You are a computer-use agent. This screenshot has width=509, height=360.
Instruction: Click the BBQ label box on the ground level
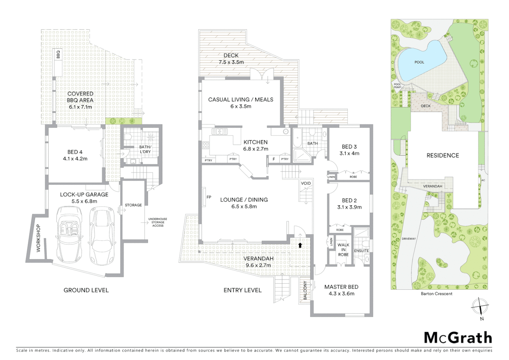58,55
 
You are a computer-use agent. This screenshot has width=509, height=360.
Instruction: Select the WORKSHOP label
38,238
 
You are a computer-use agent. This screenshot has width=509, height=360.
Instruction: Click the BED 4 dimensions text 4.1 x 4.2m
75,159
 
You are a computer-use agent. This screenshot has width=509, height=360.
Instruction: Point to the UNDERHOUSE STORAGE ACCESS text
158,222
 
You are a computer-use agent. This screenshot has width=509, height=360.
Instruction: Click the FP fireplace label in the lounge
209,197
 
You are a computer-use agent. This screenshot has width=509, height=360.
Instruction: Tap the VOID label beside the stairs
305,183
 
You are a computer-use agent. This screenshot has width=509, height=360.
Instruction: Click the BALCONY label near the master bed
305,290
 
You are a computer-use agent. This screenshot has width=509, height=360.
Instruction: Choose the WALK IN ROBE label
343,250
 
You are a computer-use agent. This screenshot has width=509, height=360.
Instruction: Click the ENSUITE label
361,251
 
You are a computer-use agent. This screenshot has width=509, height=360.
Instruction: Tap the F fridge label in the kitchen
274,159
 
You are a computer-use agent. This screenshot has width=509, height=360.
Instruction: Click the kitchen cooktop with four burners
206,145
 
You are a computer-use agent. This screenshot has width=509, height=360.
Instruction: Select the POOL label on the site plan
419,62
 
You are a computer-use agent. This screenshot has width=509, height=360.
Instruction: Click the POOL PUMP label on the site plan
397,86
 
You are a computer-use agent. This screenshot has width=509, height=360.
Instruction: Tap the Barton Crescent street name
436,294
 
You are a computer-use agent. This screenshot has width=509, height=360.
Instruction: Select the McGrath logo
458,338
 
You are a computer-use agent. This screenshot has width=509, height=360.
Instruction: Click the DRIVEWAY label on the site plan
408,239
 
